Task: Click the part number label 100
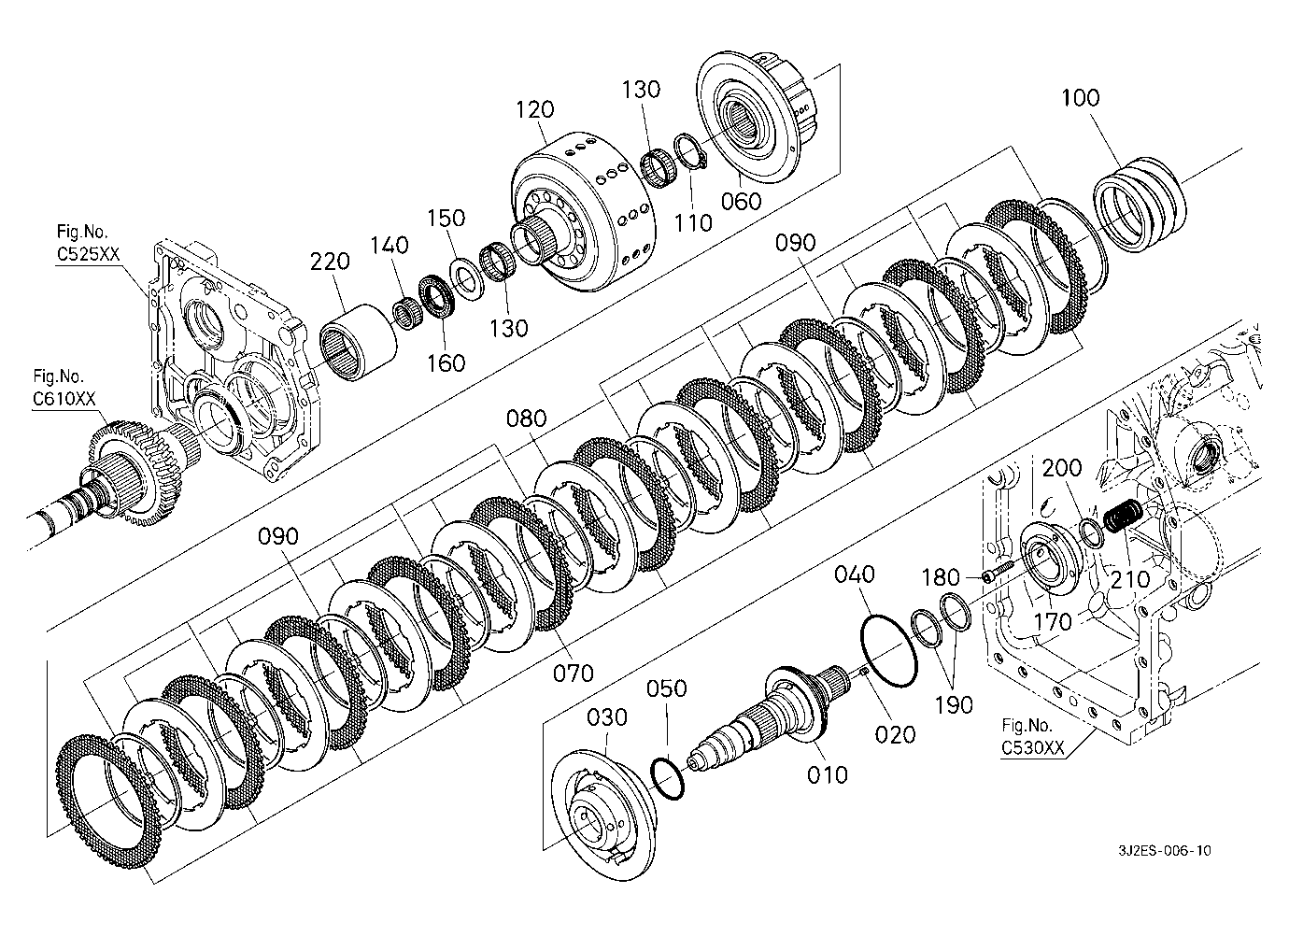point(1081,98)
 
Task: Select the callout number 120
point(535,109)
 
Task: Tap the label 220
point(331,262)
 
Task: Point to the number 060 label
point(742,202)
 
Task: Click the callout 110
point(693,222)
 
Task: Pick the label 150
point(446,219)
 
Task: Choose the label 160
point(446,363)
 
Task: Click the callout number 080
point(526,418)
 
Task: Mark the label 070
point(574,673)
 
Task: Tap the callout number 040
point(855,574)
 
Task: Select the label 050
point(667,688)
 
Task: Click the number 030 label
point(607,717)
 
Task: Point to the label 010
point(828,775)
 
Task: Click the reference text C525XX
point(88,254)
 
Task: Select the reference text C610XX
point(64,399)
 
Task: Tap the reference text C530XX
point(1033,747)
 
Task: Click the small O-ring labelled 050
point(668,778)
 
